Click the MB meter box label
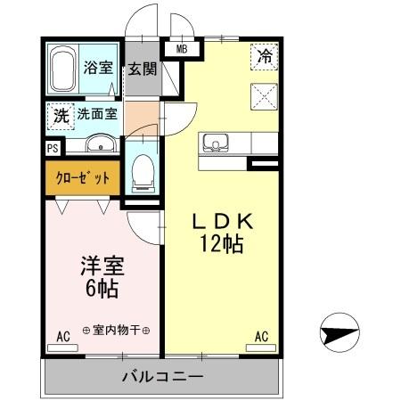182,50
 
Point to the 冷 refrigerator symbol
265,54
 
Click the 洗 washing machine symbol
60,115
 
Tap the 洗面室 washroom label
95,114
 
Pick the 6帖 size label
100,289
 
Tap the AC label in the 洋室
63,337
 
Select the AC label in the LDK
262,337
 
